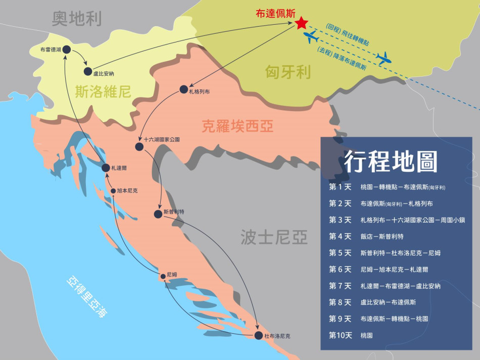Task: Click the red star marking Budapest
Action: (301, 23)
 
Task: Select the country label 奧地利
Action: (77, 19)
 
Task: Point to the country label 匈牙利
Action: (287, 72)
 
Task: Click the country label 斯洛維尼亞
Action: (103, 91)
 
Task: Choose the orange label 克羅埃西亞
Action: (237, 126)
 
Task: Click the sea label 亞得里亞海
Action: (87, 297)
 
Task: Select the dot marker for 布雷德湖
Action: (66, 49)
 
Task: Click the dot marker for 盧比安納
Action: (88, 72)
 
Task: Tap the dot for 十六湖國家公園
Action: (139, 146)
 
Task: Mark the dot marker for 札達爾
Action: (106, 168)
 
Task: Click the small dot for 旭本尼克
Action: (113, 191)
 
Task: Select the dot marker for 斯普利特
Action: (158, 214)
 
